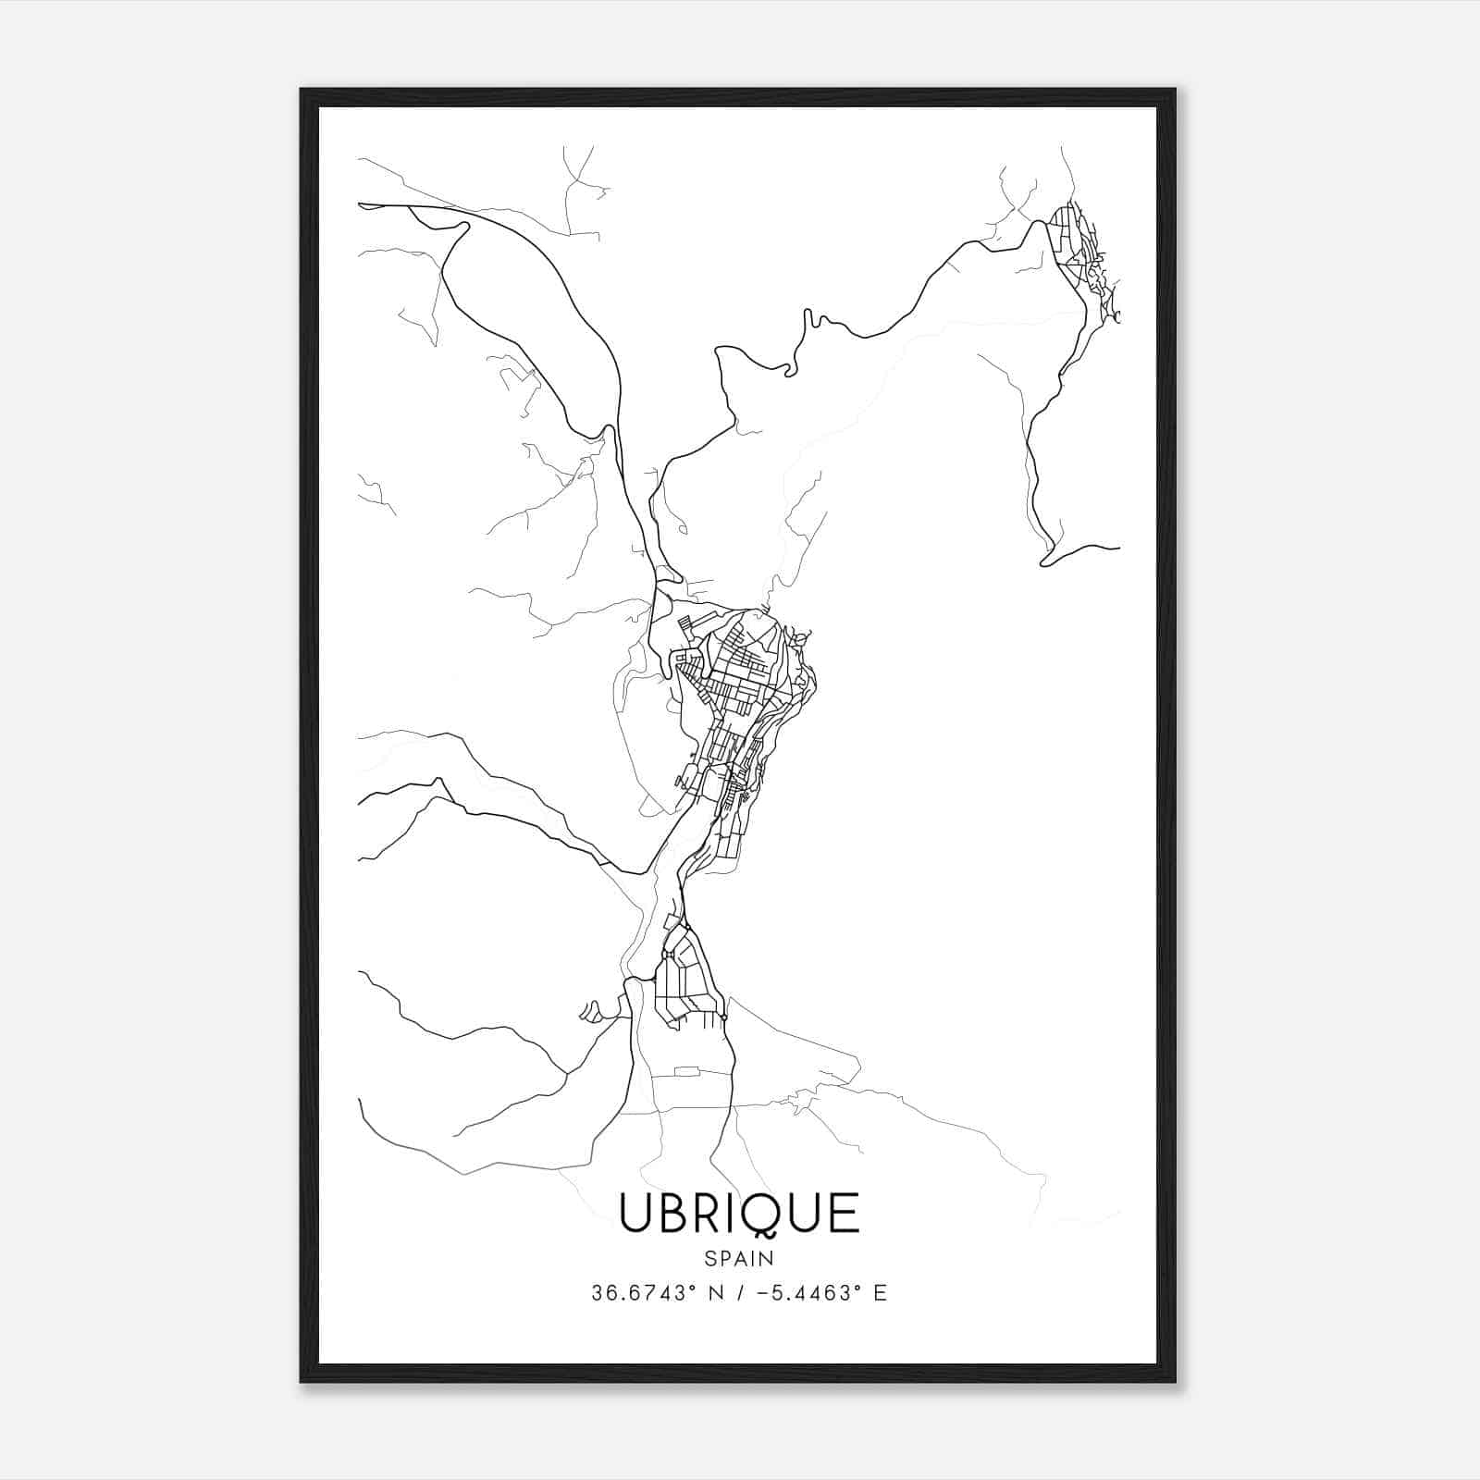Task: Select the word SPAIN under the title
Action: point(739,1259)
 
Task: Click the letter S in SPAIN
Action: point(709,1259)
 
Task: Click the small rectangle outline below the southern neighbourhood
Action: point(686,1071)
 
